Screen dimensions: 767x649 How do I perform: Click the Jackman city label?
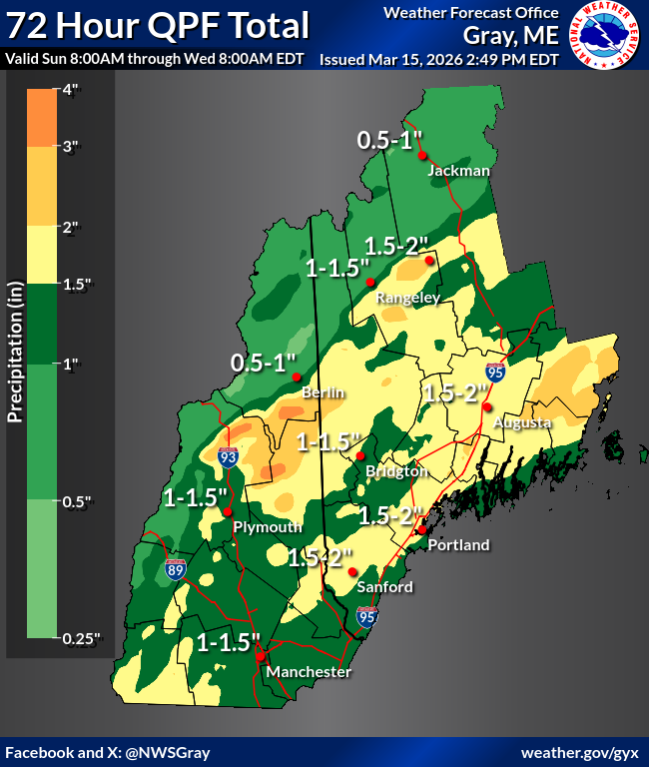click(458, 171)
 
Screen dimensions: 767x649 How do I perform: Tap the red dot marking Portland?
click(422, 530)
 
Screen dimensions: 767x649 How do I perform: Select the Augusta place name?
click(516, 423)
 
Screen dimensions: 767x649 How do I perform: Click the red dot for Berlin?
click(297, 378)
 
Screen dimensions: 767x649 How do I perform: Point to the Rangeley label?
click(407, 299)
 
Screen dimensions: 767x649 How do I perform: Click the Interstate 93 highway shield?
click(229, 457)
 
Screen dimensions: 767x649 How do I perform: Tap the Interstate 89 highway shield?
click(176, 570)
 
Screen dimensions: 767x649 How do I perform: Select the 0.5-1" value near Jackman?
click(391, 141)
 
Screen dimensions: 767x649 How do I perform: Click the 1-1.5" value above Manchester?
click(229, 641)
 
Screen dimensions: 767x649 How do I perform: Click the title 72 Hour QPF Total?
click(158, 27)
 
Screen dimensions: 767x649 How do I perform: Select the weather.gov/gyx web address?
click(581, 752)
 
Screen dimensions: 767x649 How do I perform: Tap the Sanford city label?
click(384, 587)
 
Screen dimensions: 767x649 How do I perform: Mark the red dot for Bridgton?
click(359, 456)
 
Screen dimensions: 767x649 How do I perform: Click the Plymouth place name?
click(267, 527)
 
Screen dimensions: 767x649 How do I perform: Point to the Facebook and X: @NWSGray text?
click(108, 752)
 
